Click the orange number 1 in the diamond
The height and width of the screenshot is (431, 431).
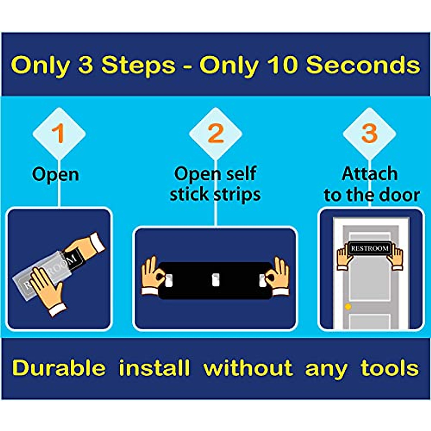pyautogui.click(x=58, y=134)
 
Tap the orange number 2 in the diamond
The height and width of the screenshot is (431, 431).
pyautogui.click(x=215, y=134)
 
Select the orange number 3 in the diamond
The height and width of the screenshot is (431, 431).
pyautogui.click(x=369, y=134)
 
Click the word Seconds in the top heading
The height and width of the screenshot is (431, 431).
pyautogui.click(x=363, y=65)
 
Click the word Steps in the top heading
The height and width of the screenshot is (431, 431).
pyautogui.click(x=138, y=65)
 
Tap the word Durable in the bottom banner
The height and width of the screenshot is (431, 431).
pyautogui.click(x=59, y=369)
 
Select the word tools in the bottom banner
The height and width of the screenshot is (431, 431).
pyautogui.click(x=390, y=369)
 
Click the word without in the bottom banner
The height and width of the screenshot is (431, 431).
pyautogui.click(x=248, y=369)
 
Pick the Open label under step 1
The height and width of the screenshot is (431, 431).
pyautogui.click(x=55, y=175)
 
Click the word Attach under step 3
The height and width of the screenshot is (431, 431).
pyautogui.click(x=370, y=174)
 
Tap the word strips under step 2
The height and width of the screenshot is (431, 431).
pyautogui.click(x=237, y=195)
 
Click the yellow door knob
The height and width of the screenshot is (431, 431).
pyautogui.click(x=348, y=307)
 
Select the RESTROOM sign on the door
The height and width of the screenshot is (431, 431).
pyautogui.click(x=370, y=248)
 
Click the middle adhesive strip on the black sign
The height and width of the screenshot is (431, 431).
pyautogui.click(x=215, y=279)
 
